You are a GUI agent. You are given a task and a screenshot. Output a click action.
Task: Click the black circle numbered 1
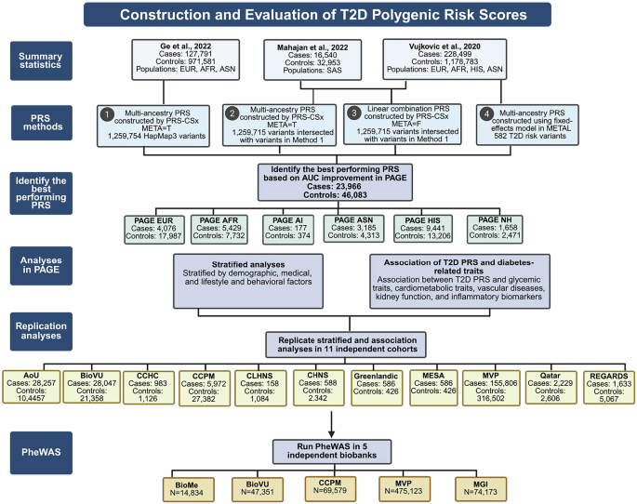pos(108,114)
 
